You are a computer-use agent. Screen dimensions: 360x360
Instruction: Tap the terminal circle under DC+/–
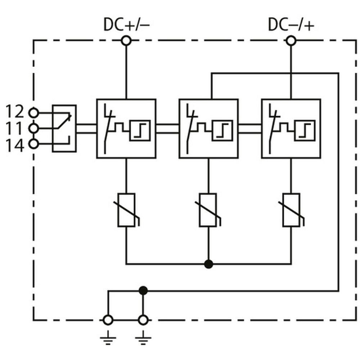126,41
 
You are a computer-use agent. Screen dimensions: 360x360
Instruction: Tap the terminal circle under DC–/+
291,41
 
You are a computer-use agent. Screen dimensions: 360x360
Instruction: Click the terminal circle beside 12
34,113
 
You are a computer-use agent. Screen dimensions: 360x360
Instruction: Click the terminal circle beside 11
34,128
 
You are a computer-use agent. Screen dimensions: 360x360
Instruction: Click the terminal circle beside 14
34,144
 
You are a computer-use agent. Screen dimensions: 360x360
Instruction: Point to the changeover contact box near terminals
64,128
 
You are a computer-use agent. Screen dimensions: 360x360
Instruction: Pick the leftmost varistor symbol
126,210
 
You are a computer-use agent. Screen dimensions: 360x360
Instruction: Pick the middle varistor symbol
208,210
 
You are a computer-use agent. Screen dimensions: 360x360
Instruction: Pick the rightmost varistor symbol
291,210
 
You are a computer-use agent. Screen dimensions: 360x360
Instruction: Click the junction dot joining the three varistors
208,264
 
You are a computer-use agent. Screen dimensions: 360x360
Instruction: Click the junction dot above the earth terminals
143,290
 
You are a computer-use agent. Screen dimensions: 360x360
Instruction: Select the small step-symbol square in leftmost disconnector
140,130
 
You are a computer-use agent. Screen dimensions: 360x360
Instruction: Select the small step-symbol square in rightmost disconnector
305,130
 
